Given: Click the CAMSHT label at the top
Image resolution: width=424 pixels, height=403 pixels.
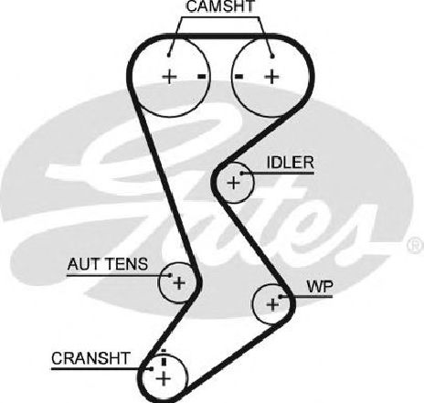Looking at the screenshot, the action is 220,6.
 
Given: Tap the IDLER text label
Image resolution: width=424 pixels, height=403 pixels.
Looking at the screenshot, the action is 290,163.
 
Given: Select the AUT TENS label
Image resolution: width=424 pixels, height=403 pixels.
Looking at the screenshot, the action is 108,264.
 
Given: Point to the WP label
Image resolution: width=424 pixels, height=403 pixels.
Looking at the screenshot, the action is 320,286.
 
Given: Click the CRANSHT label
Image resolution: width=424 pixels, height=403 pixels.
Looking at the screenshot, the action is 90,358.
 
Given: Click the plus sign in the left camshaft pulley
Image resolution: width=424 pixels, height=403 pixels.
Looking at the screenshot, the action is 169,77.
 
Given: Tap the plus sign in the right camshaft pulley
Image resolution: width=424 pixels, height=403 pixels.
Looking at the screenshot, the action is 271,77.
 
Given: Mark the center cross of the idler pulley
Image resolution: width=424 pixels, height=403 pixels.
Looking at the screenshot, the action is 234,183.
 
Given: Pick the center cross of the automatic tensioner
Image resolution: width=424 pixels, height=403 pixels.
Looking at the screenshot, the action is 179,283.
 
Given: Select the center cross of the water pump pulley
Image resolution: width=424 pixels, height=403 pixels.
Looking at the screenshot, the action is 272,304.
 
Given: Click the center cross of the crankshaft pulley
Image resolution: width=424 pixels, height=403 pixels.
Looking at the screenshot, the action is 164,379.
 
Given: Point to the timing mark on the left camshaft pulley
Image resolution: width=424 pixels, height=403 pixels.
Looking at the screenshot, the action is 202,77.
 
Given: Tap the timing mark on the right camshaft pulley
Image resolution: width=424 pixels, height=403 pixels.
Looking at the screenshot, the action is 238,77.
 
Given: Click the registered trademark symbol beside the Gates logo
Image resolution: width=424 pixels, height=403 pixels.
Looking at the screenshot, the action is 416,245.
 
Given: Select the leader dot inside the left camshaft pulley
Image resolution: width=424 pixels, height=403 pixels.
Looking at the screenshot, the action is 169,55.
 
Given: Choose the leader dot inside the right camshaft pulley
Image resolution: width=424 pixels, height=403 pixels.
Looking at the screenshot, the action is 272,56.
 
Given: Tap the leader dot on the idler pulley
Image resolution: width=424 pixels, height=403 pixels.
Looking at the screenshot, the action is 242,174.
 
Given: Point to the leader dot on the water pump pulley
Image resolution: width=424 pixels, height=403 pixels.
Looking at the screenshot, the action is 281,296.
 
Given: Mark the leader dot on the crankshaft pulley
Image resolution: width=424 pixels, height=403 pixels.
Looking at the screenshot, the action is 152,369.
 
